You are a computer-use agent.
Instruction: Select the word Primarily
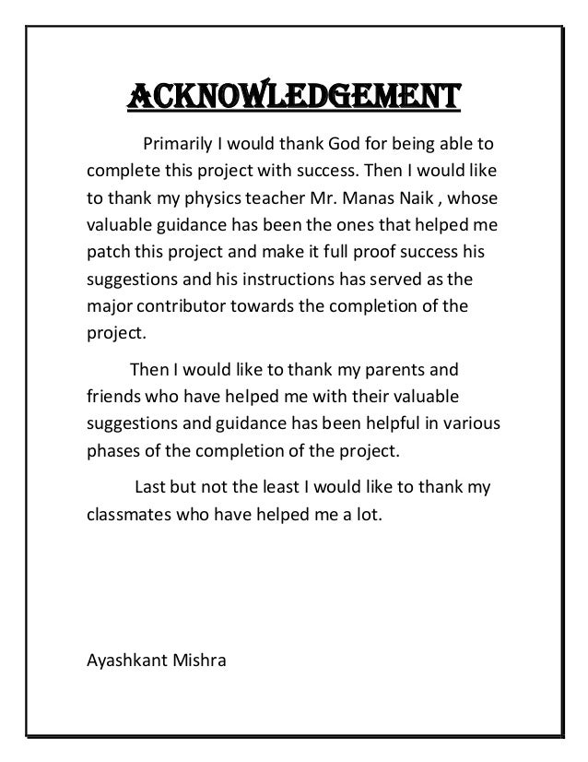(x=173, y=146)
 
